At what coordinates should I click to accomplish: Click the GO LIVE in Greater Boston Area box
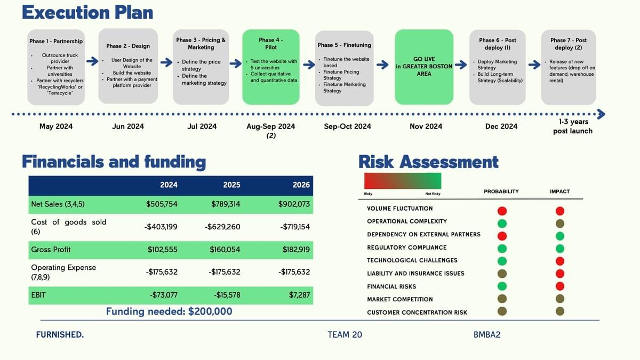[x=424, y=67]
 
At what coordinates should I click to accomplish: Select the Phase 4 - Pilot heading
[x=270, y=43]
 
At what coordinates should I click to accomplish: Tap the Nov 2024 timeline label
[x=426, y=126]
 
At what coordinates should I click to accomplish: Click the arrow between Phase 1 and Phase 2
[x=92, y=61]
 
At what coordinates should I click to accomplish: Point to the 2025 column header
[x=231, y=185]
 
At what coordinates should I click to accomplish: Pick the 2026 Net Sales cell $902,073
[x=294, y=204]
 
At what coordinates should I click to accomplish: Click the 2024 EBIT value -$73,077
[x=163, y=295]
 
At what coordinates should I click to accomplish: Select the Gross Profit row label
[x=51, y=250]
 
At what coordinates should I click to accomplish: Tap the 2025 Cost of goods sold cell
[x=222, y=227]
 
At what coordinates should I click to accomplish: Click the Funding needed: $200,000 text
[x=169, y=311]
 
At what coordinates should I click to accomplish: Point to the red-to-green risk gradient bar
[x=403, y=181]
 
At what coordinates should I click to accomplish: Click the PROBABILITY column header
[x=501, y=191]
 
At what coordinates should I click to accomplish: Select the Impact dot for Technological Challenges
[x=560, y=261]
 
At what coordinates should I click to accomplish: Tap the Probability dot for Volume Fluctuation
[x=502, y=211]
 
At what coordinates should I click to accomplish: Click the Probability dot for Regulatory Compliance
[x=502, y=249]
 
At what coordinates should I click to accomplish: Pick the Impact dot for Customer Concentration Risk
[x=560, y=311]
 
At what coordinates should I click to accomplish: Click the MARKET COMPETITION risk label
[x=399, y=299]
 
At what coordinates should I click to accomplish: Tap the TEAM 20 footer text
[x=345, y=334]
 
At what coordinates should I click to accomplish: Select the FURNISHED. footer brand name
[x=60, y=334]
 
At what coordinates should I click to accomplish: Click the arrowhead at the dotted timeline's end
[x=602, y=114]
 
